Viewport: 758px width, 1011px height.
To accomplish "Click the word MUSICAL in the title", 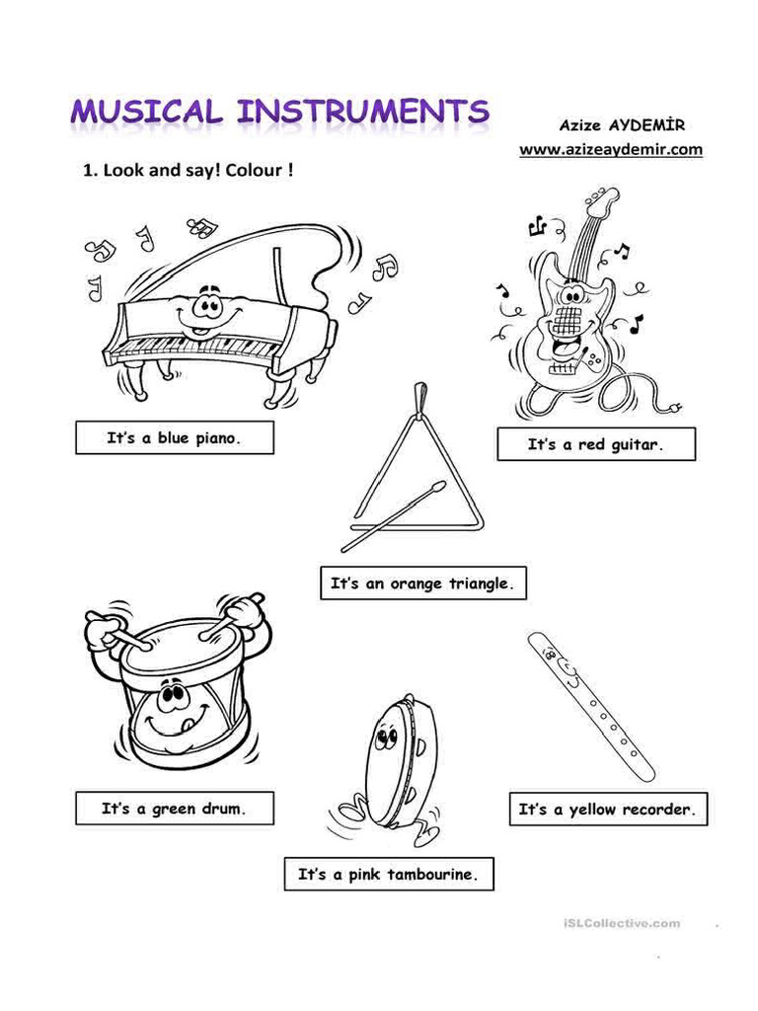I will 145,112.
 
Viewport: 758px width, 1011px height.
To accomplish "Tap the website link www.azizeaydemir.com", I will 611,149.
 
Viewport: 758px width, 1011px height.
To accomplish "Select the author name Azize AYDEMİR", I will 621,125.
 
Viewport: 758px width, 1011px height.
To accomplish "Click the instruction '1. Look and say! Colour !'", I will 188,170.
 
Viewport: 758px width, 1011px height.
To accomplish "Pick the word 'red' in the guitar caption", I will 591,444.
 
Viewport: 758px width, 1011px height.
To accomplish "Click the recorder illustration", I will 591,705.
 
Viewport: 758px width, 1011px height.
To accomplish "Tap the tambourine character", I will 395,765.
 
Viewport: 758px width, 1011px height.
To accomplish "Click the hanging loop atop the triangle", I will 420,395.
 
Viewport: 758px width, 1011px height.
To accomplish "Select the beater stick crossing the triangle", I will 395,518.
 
